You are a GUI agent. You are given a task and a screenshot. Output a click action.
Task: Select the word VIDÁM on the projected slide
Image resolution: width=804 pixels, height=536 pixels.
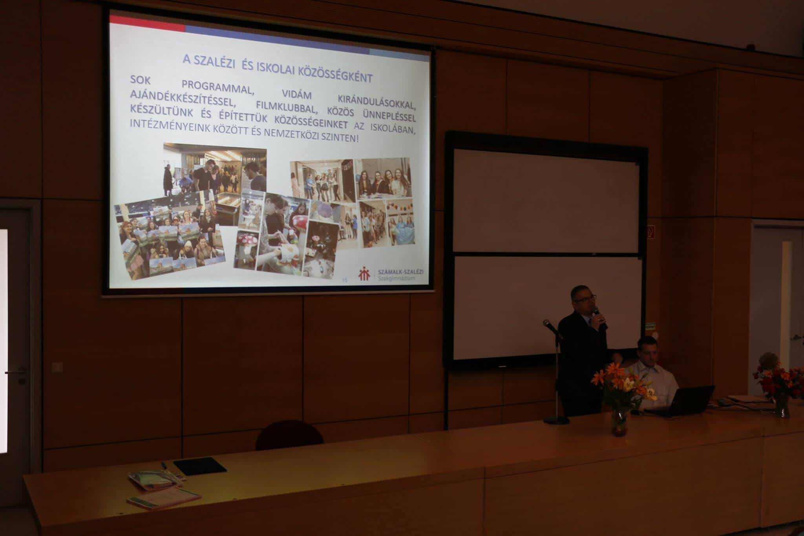(297, 95)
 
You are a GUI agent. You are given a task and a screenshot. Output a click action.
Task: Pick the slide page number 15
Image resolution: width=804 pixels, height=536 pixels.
(345, 280)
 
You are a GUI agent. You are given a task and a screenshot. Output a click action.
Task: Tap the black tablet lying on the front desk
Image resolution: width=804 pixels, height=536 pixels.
(200, 466)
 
